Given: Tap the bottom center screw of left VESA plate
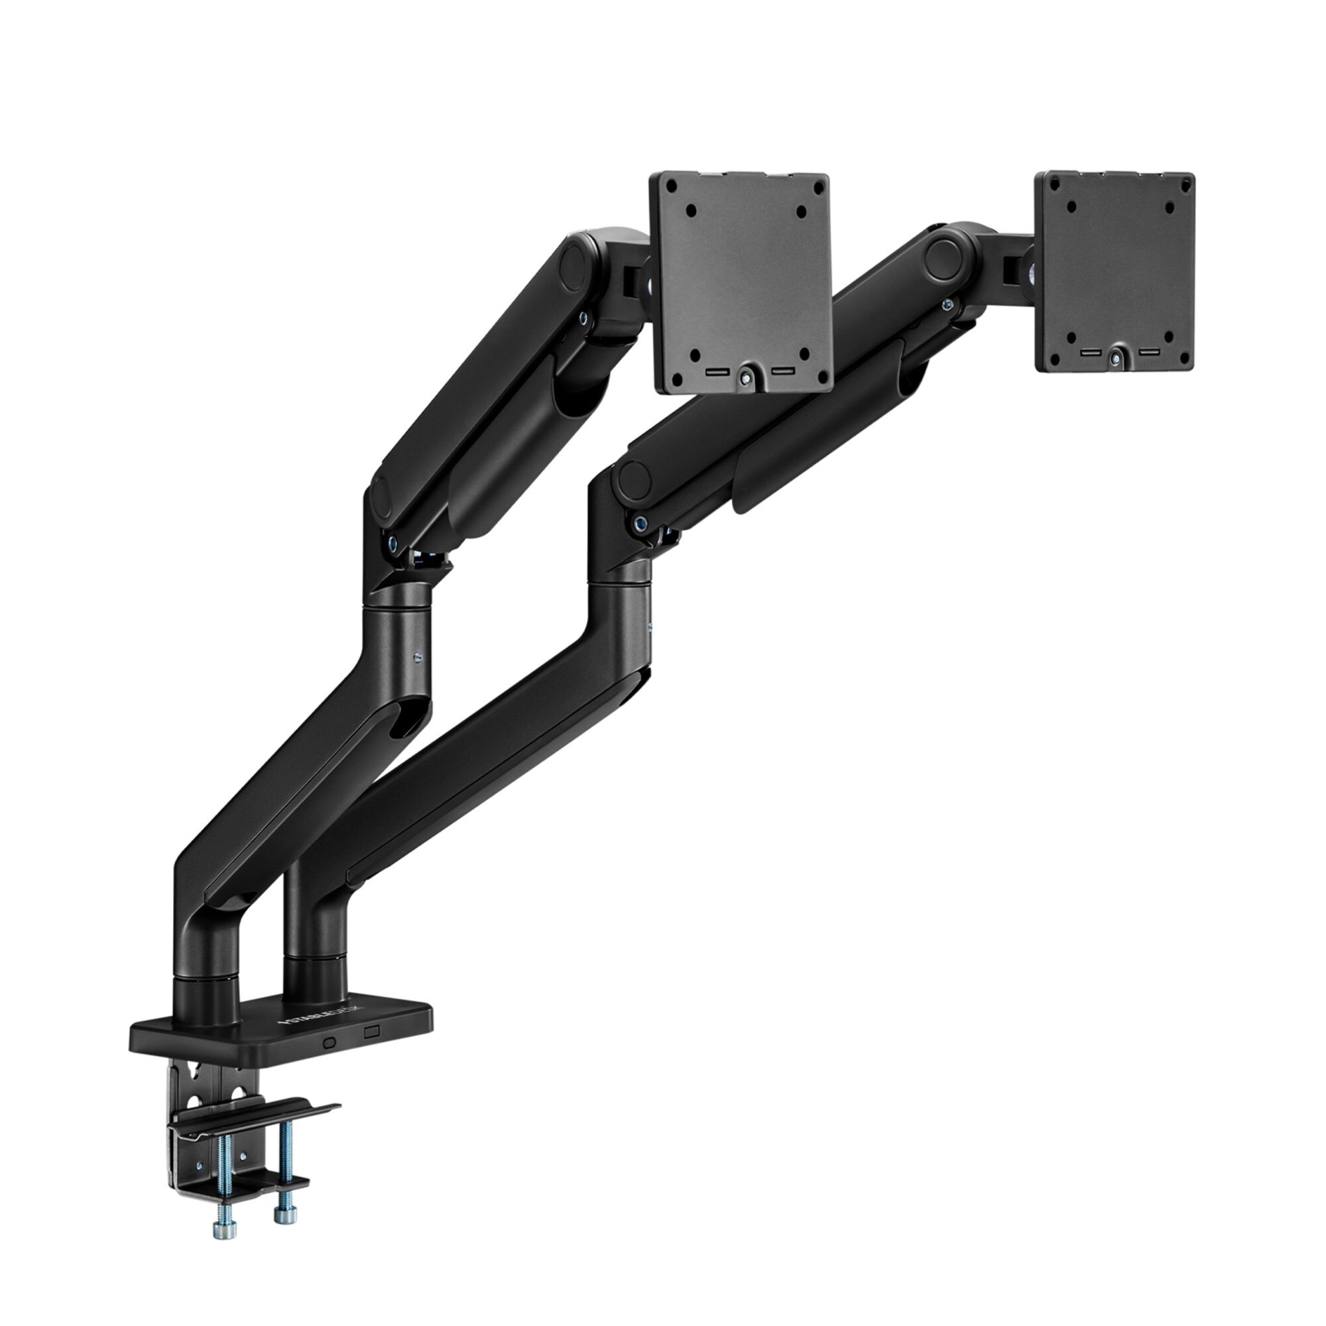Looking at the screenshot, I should [x=745, y=375].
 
